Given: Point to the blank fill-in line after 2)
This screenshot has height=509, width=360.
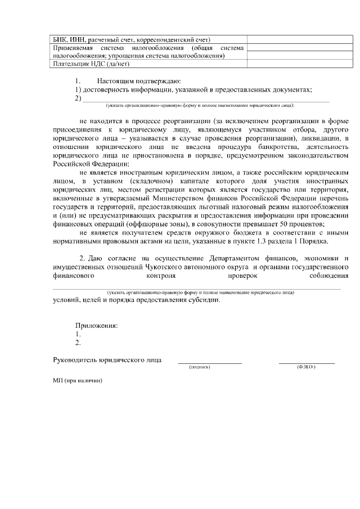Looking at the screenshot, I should pyautogui.click(x=206, y=99).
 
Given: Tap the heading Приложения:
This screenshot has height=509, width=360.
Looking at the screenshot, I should pyautogui.click(x=97, y=325).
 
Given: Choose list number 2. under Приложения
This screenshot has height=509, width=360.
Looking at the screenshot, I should pyautogui.click(x=78, y=342).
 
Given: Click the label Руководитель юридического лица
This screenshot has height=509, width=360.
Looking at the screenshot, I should pyautogui.click(x=107, y=359).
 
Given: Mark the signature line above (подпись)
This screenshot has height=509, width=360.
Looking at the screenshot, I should pyautogui.click(x=210, y=363).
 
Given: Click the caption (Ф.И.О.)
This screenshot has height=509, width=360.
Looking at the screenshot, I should pyautogui.click(x=307, y=367).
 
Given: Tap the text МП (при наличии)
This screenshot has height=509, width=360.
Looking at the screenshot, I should pyautogui.click(x=78, y=380).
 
